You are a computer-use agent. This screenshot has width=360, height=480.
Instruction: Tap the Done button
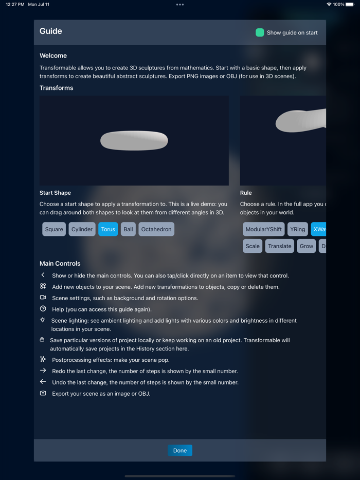pyautogui.click(x=180, y=451)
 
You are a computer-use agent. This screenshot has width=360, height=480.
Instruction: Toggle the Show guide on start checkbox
pyautogui.click(x=260, y=32)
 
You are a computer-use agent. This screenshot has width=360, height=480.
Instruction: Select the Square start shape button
pyautogui.click(x=54, y=229)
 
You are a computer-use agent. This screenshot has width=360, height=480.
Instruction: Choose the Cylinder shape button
pyautogui.click(x=82, y=229)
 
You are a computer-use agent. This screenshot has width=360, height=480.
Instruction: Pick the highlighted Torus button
pyautogui.click(x=108, y=229)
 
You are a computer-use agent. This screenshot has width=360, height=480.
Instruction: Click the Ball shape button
pyautogui.click(x=128, y=229)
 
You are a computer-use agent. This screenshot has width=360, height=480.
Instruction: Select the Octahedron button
pyautogui.click(x=156, y=229)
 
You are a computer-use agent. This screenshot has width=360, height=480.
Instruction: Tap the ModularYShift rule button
pyautogui.click(x=264, y=229)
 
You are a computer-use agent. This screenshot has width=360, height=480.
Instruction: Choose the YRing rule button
pyautogui.click(x=298, y=229)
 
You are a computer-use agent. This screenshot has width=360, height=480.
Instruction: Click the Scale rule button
pyautogui.click(x=253, y=246)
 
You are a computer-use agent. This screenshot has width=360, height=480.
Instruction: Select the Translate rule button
pyautogui.click(x=280, y=246)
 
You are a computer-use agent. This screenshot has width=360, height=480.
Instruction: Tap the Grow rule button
pyautogui.click(x=307, y=246)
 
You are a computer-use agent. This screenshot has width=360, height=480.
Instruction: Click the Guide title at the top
pyautogui.click(x=51, y=31)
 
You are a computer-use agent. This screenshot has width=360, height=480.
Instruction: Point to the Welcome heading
pyautogui.click(x=53, y=56)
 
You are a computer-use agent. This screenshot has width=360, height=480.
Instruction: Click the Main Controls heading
pyautogui.click(x=60, y=263)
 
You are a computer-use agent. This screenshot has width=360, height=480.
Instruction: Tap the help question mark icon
pyautogui.click(x=43, y=309)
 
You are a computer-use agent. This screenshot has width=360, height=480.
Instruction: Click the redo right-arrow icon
pyautogui.click(x=43, y=371)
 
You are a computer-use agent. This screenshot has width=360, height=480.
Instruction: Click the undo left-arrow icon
pyautogui.click(x=43, y=382)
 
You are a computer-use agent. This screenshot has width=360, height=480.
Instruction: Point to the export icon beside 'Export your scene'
pyautogui.click(x=43, y=393)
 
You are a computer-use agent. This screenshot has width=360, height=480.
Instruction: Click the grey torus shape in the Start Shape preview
pyautogui.click(x=134, y=141)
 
